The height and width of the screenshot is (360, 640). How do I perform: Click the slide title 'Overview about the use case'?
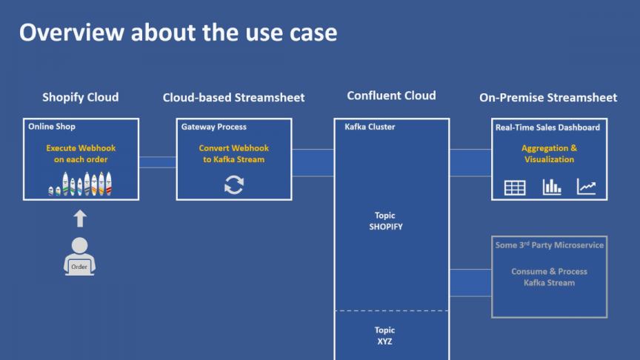[x=178, y=32]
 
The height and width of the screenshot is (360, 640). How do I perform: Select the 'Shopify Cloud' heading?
[x=80, y=97]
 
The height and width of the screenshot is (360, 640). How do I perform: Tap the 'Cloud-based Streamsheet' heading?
[x=233, y=97]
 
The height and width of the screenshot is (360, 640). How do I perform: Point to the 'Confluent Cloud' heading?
[x=391, y=96]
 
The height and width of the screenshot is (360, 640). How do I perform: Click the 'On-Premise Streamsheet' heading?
[x=548, y=97]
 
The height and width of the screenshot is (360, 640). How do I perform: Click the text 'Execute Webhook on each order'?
[x=81, y=153]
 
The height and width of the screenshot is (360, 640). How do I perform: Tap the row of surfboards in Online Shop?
[x=81, y=184]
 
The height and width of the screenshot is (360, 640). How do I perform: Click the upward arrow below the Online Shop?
[x=80, y=218]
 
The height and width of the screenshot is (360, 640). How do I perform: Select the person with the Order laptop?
[x=79, y=256]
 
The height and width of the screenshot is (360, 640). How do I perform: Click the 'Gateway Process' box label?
[x=214, y=127]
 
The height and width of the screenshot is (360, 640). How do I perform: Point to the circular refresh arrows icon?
[x=233, y=185]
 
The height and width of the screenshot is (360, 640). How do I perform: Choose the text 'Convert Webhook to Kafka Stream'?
[x=233, y=153]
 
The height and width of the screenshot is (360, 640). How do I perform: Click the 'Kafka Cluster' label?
[x=370, y=127]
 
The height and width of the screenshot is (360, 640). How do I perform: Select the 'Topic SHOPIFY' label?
[x=385, y=221]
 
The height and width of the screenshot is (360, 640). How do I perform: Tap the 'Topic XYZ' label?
[x=385, y=336]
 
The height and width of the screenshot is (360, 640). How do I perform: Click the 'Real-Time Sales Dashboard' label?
[x=547, y=127]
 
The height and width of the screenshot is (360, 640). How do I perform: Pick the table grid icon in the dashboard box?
[x=515, y=187]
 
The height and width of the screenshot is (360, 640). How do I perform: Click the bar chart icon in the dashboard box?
[x=551, y=187]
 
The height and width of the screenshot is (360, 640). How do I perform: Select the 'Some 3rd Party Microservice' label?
[x=549, y=245]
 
